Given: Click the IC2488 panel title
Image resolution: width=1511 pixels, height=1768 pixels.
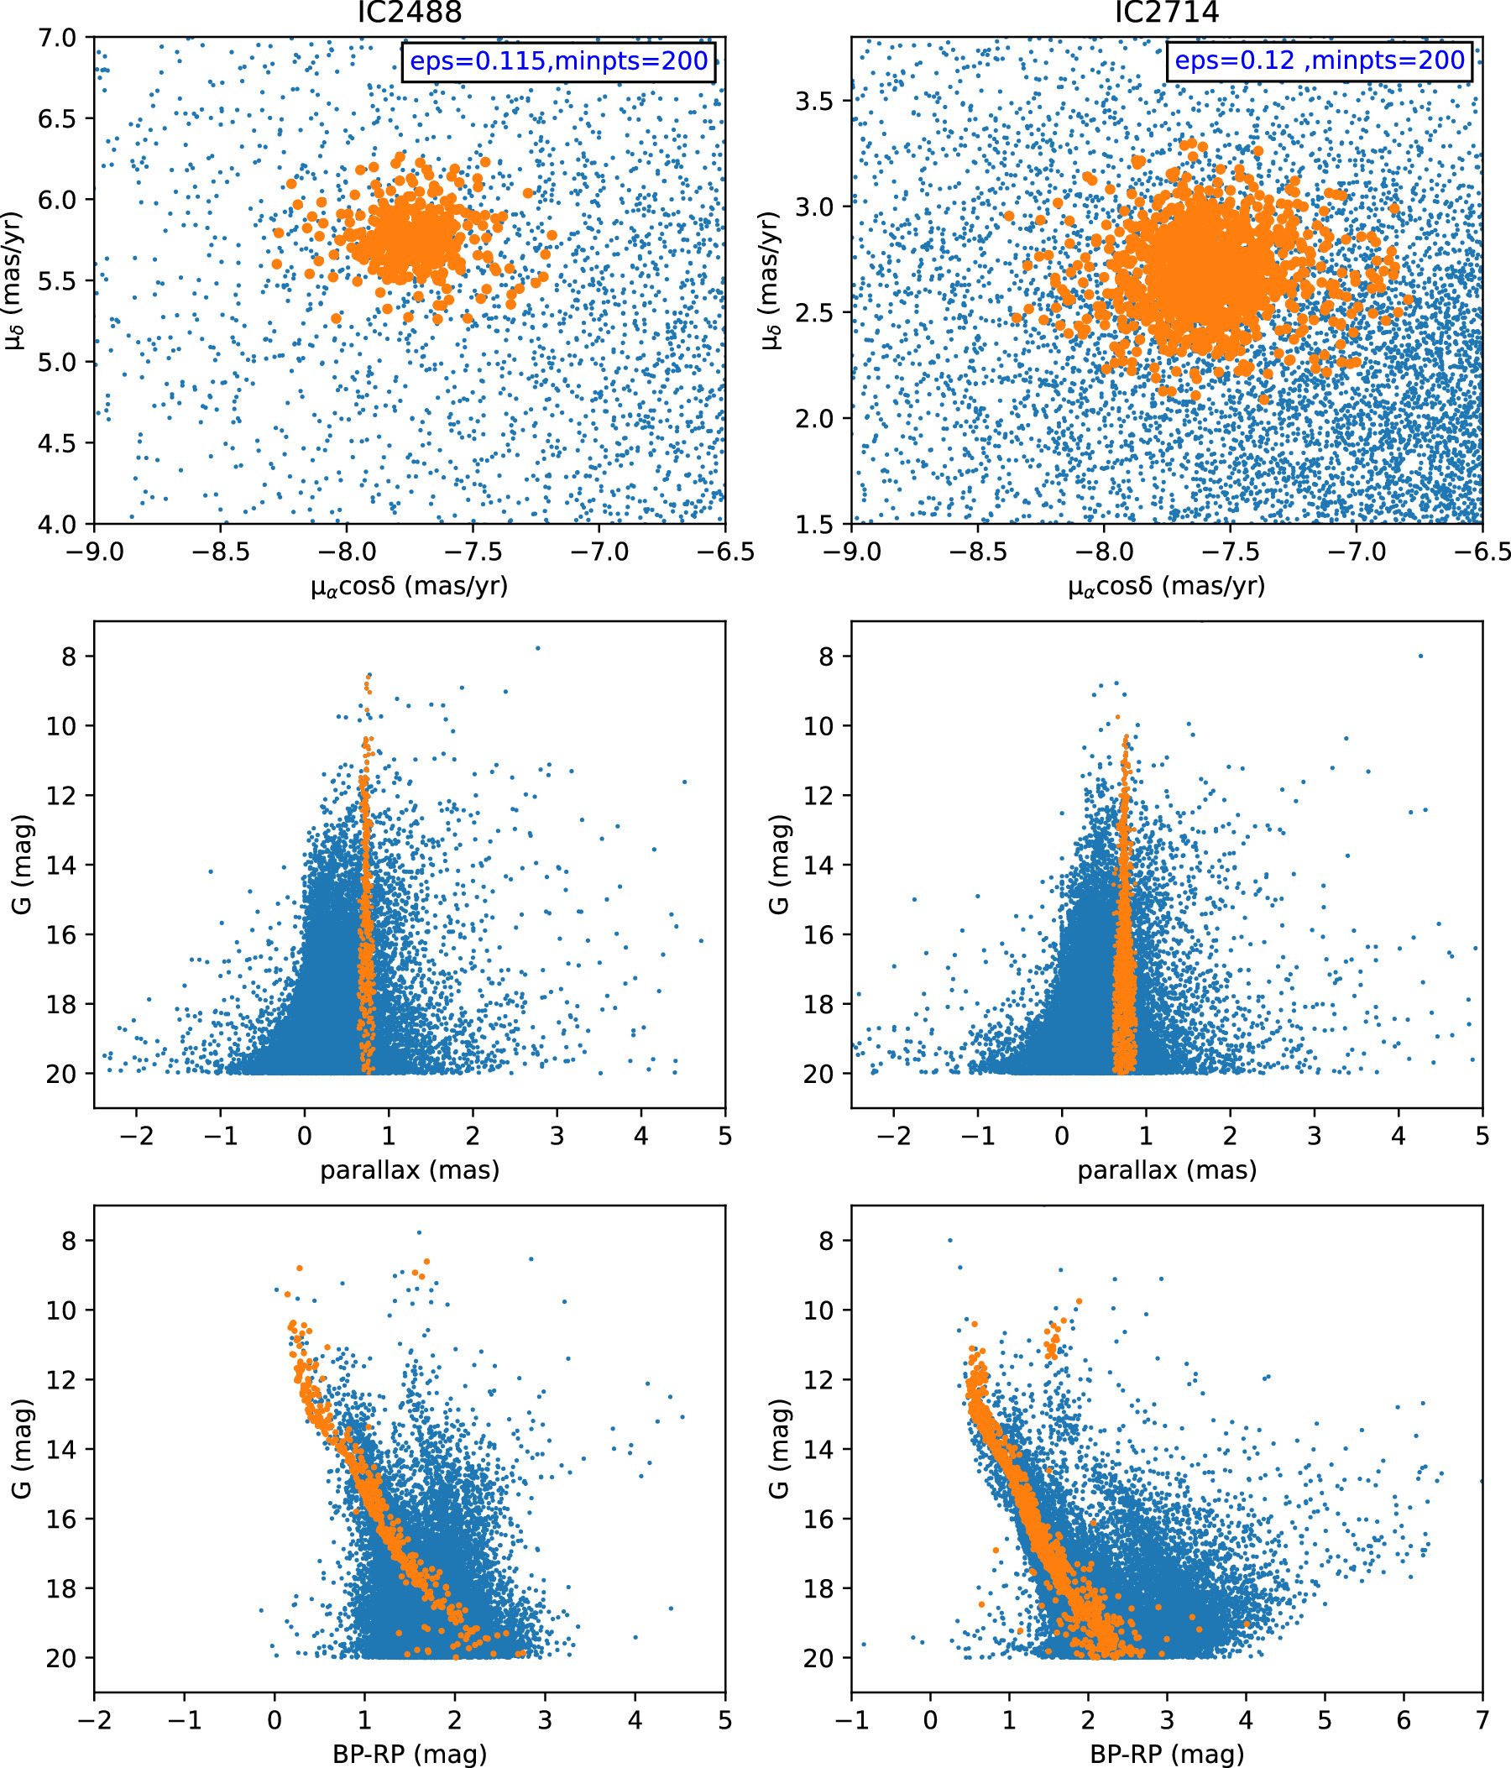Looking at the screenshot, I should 409,13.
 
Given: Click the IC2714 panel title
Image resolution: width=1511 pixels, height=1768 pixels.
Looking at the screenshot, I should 1166,13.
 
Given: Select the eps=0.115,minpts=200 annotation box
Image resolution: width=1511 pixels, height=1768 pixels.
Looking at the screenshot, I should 559,61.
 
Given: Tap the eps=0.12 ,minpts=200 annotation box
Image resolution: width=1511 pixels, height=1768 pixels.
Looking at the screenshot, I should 1319,61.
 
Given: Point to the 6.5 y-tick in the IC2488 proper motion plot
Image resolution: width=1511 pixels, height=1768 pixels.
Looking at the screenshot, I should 56,118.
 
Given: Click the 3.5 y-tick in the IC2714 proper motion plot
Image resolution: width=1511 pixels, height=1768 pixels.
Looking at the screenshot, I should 814,101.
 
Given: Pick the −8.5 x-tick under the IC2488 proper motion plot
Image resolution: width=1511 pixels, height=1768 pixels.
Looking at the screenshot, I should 219,552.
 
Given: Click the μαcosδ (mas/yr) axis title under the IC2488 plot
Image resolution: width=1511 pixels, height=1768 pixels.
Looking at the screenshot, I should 409,586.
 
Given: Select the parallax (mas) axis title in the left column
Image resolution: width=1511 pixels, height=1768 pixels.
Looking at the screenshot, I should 409,1169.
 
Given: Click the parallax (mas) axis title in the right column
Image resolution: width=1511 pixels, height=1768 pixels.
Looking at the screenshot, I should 1166,1169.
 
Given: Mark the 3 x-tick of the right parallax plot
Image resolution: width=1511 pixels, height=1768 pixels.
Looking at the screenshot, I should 1314,1136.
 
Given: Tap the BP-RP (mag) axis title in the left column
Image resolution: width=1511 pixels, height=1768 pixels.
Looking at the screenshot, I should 409,1754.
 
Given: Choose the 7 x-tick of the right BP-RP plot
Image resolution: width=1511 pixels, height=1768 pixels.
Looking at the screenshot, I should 1482,1719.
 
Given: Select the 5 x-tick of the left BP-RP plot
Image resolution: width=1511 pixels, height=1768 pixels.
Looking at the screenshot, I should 724,1719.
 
